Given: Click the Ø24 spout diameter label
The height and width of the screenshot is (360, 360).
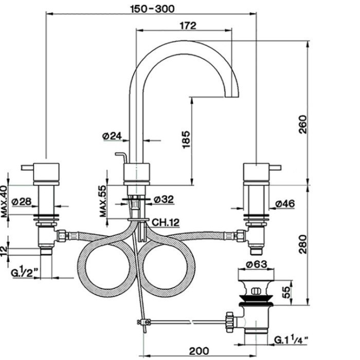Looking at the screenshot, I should click(112, 136).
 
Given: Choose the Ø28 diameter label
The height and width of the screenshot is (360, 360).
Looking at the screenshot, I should click(21, 202).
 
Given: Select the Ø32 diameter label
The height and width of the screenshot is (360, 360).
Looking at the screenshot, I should click(164, 199).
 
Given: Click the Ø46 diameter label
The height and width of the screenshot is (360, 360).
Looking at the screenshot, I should click(285, 204).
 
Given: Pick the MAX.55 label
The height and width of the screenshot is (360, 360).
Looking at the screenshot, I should click(103, 201).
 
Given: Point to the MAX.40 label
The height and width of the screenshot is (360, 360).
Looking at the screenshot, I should click(4, 202).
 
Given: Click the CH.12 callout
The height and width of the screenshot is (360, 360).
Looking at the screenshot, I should click(165, 222).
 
